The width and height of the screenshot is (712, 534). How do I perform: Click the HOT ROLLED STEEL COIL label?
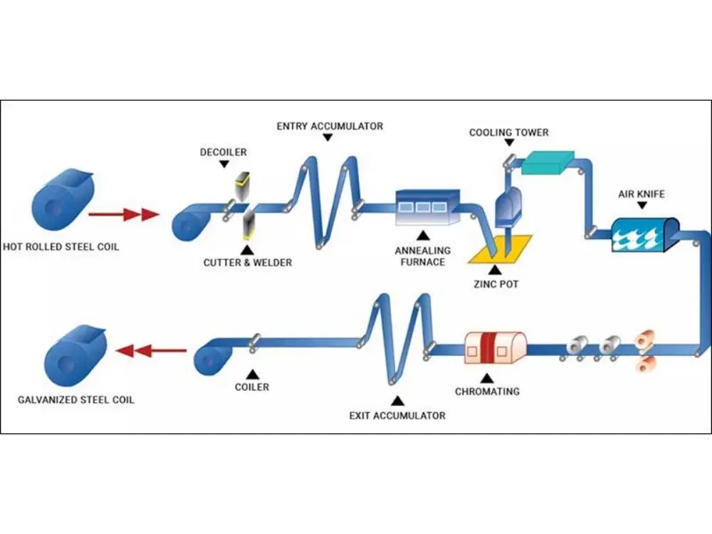point(61,247)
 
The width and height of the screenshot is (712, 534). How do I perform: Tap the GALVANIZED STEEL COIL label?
point(75,399)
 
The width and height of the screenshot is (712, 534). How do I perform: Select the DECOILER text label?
point(224,152)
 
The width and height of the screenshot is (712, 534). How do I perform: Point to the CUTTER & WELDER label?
point(248,263)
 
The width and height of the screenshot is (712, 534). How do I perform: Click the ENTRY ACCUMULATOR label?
point(330,126)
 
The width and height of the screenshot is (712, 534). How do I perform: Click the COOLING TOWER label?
point(509,132)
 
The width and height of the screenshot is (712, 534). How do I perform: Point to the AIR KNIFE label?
point(640,193)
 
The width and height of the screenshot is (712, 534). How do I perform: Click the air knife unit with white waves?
point(644,234)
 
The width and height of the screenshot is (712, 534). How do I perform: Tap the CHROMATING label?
point(487,391)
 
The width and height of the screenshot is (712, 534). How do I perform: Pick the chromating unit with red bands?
point(495,347)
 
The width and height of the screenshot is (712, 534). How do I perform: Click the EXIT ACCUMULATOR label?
point(397,415)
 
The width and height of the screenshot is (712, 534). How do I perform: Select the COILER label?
point(252,387)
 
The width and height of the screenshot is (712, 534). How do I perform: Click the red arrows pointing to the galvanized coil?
point(151,350)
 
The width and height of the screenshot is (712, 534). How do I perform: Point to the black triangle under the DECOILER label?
point(224,164)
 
